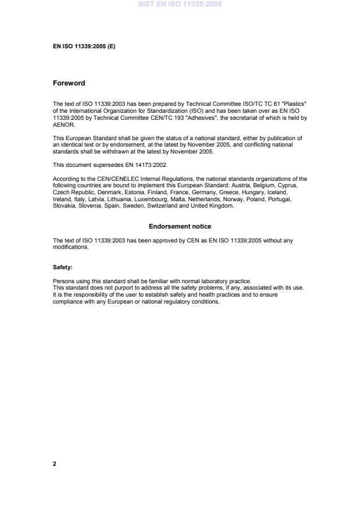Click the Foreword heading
[69, 83]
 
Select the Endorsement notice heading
[180, 226]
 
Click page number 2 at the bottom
[54, 464]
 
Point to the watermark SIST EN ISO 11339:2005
[180, 4]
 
